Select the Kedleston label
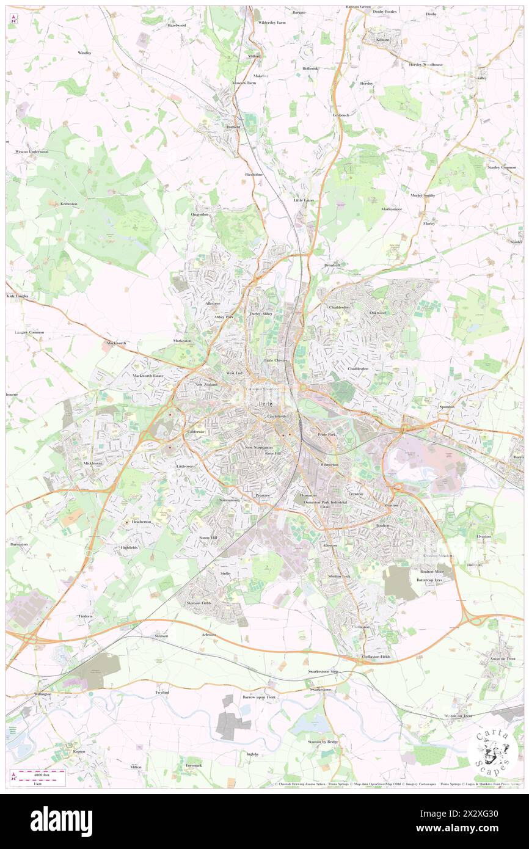tap(68, 204)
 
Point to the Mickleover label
tap(93, 464)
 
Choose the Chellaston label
tap(360, 627)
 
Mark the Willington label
tap(42, 694)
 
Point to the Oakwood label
tap(378, 313)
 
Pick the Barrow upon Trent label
tap(258, 697)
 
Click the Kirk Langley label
tap(18, 296)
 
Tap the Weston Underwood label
tap(32, 151)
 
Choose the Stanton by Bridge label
tap(323, 742)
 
